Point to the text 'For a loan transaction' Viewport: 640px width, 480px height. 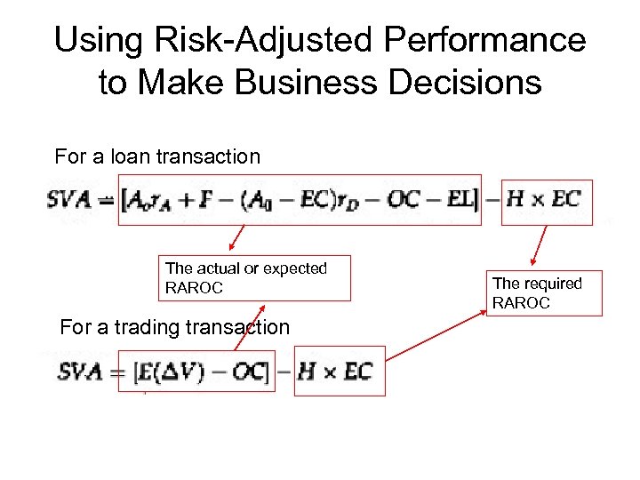[157, 157]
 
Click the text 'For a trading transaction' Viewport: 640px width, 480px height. [174, 327]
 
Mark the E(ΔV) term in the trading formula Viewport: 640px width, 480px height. [175, 372]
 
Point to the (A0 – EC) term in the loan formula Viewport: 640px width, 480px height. [283, 200]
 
